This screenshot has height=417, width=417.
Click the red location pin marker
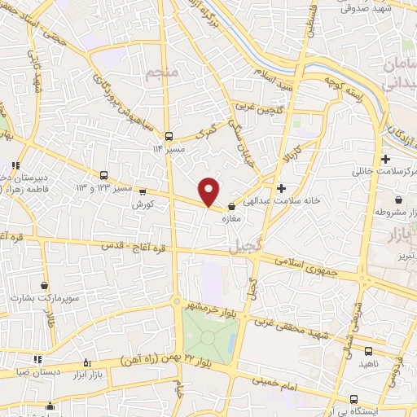(209, 191)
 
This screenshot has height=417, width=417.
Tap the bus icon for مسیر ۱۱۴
(169, 136)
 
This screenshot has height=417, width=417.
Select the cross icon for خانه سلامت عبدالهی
(281, 188)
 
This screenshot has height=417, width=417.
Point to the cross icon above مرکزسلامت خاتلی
(385, 159)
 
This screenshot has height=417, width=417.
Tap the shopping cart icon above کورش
(144, 192)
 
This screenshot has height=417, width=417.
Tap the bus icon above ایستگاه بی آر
(353, 398)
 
